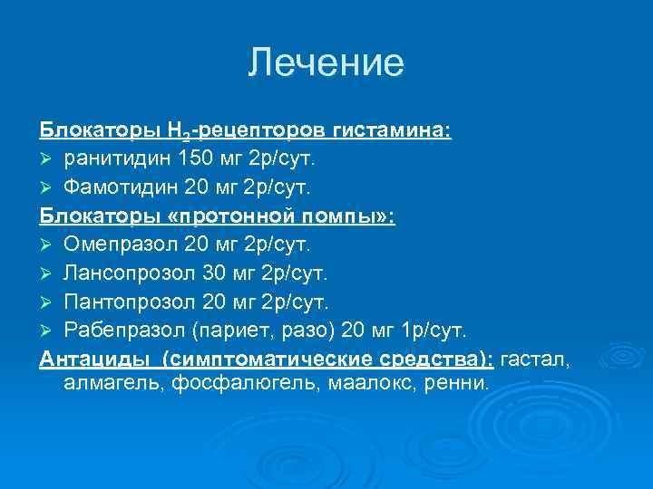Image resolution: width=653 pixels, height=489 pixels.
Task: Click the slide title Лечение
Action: tap(326, 63)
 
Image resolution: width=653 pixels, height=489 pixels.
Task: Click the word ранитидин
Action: tap(106, 159)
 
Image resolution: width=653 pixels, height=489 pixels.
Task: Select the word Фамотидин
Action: tap(112, 188)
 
